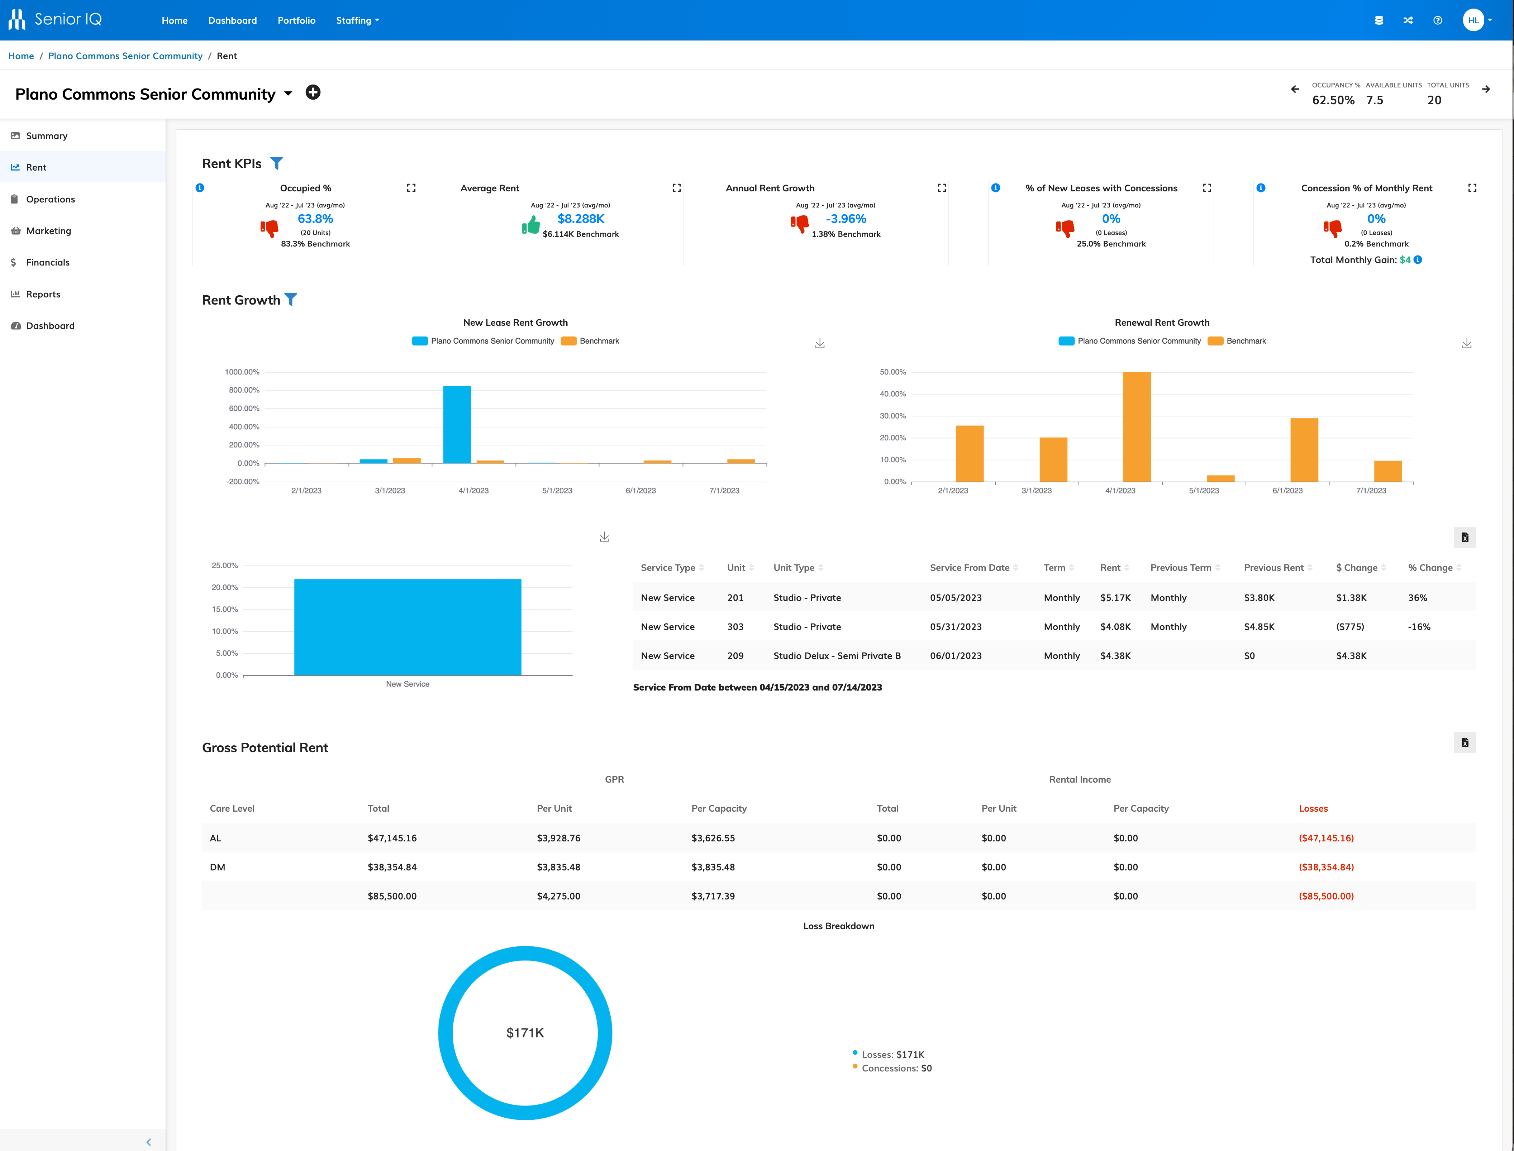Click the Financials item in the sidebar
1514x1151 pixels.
pos(47,262)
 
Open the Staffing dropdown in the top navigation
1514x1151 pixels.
pos(357,20)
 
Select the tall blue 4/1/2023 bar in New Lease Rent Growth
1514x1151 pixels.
pos(457,425)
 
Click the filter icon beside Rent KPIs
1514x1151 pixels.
pos(276,163)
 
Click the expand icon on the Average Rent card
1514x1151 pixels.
pos(676,188)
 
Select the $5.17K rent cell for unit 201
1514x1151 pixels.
pos(1115,597)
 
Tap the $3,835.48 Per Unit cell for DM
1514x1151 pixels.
pos(558,867)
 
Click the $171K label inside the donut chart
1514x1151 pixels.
pos(525,1032)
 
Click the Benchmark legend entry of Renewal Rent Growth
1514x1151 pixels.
pos(1245,341)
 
